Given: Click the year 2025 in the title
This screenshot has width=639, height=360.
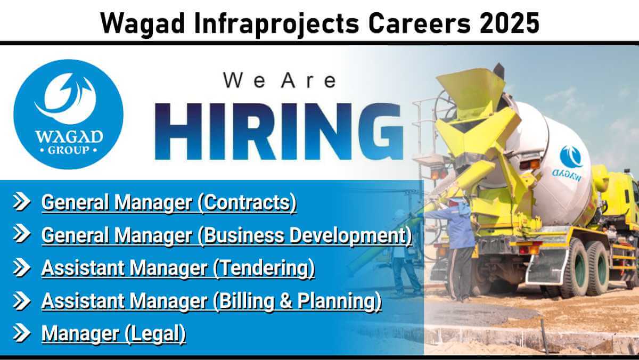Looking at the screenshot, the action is tap(509, 23).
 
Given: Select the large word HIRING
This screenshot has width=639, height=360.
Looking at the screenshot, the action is tap(279, 131).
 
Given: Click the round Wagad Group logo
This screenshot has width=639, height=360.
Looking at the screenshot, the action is tap(69, 114).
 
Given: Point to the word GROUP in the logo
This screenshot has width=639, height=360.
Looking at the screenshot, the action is tap(69, 150).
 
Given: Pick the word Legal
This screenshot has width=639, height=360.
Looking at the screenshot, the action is tap(155, 333).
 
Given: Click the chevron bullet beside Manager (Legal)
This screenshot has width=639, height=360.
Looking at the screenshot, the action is tap(21, 333).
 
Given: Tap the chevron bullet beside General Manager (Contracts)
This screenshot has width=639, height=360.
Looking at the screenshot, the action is tap(21, 202).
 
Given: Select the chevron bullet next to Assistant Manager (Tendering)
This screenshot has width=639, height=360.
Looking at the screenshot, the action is tap(21, 267).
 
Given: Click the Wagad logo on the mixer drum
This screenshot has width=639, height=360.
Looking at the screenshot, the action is tap(570, 163).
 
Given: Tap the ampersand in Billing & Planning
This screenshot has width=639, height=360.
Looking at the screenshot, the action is tap(286, 301).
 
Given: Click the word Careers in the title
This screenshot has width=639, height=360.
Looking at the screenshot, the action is tap(419, 23).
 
